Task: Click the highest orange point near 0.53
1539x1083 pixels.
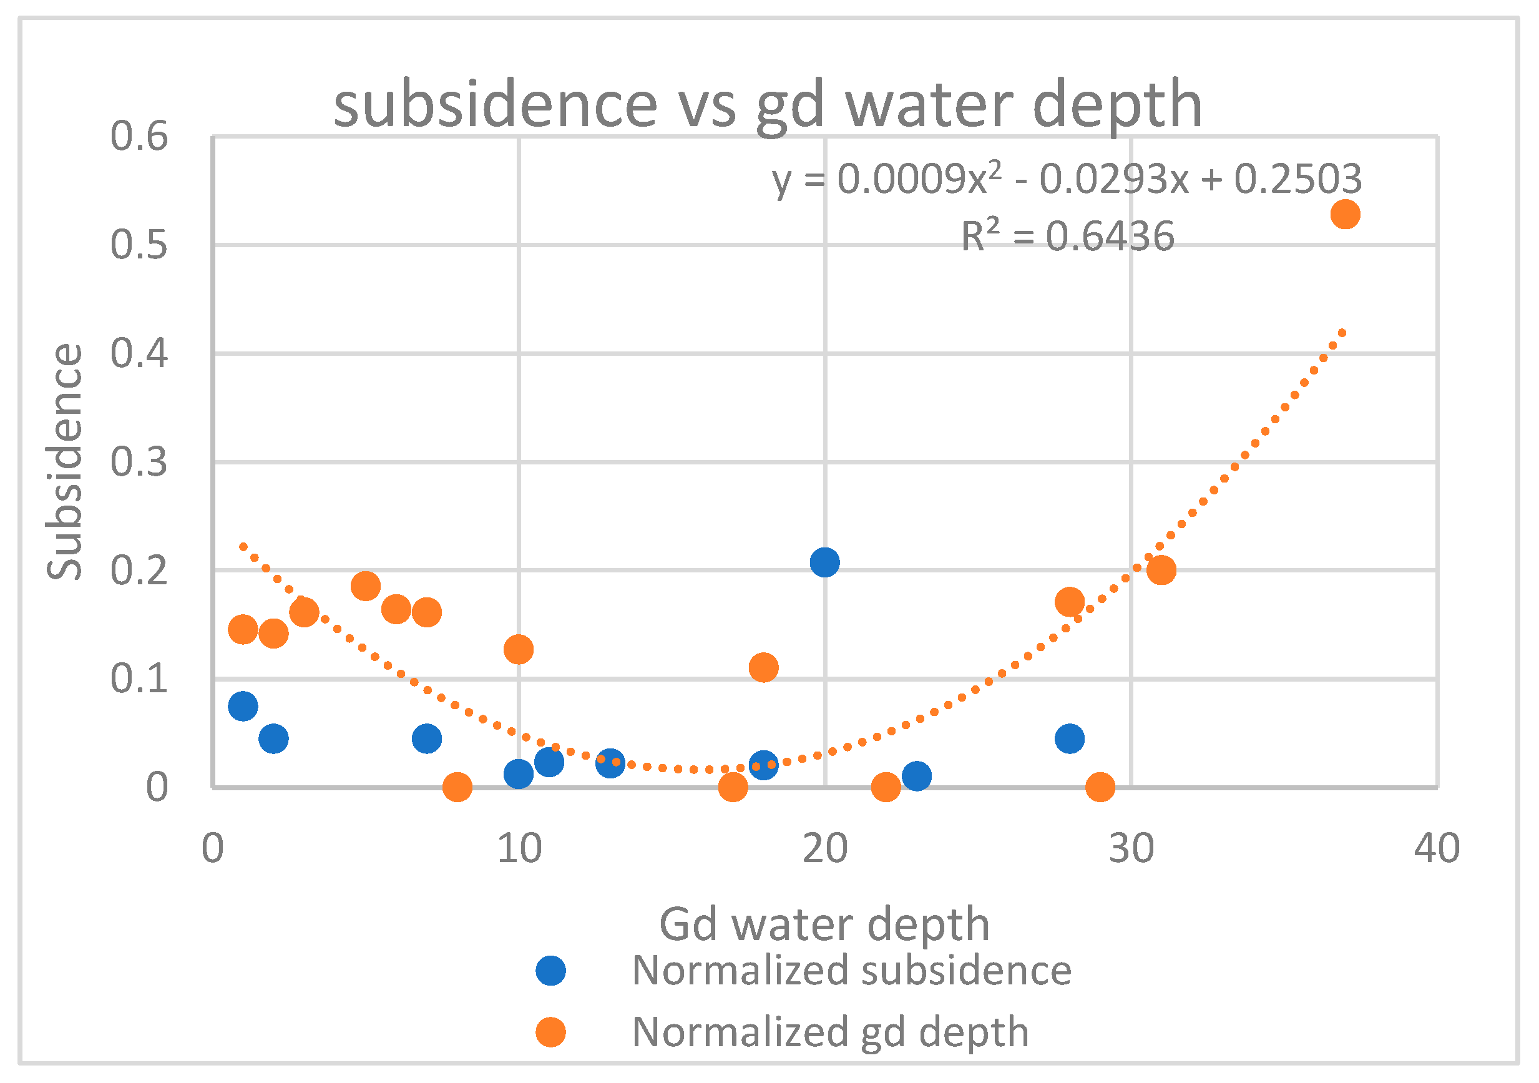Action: pyautogui.click(x=1345, y=215)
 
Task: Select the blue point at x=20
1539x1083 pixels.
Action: pyautogui.click(x=824, y=562)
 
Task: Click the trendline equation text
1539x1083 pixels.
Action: pyautogui.click(x=1067, y=180)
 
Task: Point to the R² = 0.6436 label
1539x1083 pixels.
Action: pyautogui.click(x=1067, y=236)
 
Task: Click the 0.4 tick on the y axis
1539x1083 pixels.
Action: pyautogui.click(x=139, y=353)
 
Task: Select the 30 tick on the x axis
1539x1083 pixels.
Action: pyautogui.click(x=1131, y=848)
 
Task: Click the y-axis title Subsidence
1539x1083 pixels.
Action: pyautogui.click(x=64, y=461)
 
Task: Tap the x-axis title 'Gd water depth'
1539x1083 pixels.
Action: pyautogui.click(x=824, y=924)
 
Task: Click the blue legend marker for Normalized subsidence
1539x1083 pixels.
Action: pyautogui.click(x=551, y=971)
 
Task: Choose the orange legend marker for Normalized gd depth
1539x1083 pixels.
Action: pyautogui.click(x=551, y=1032)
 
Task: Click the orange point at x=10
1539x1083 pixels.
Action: pyautogui.click(x=518, y=649)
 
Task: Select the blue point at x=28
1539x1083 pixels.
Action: pyautogui.click(x=1070, y=738)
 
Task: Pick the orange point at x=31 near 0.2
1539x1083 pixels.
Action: pyautogui.click(x=1161, y=570)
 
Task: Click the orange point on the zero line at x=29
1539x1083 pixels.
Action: pyautogui.click(x=1100, y=787)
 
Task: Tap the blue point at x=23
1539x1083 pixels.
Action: pyautogui.click(x=916, y=776)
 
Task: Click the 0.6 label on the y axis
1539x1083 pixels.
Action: pyautogui.click(x=139, y=136)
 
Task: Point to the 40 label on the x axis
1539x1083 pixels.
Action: pyautogui.click(x=1437, y=848)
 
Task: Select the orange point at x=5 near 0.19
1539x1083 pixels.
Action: pyautogui.click(x=365, y=586)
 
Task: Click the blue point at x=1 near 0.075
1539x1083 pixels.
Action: pyautogui.click(x=243, y=706)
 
